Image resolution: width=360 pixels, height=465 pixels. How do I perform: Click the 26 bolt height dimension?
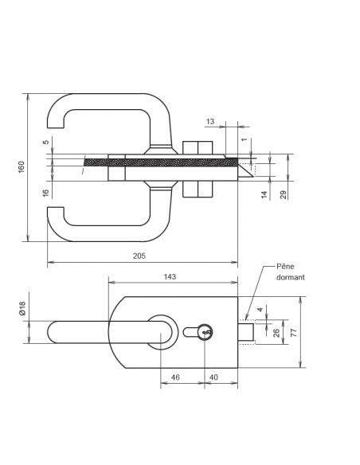(276, 333)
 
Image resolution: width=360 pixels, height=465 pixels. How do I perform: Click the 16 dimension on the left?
(45, 192)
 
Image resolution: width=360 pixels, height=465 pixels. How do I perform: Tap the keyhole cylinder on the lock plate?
(203, 333)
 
